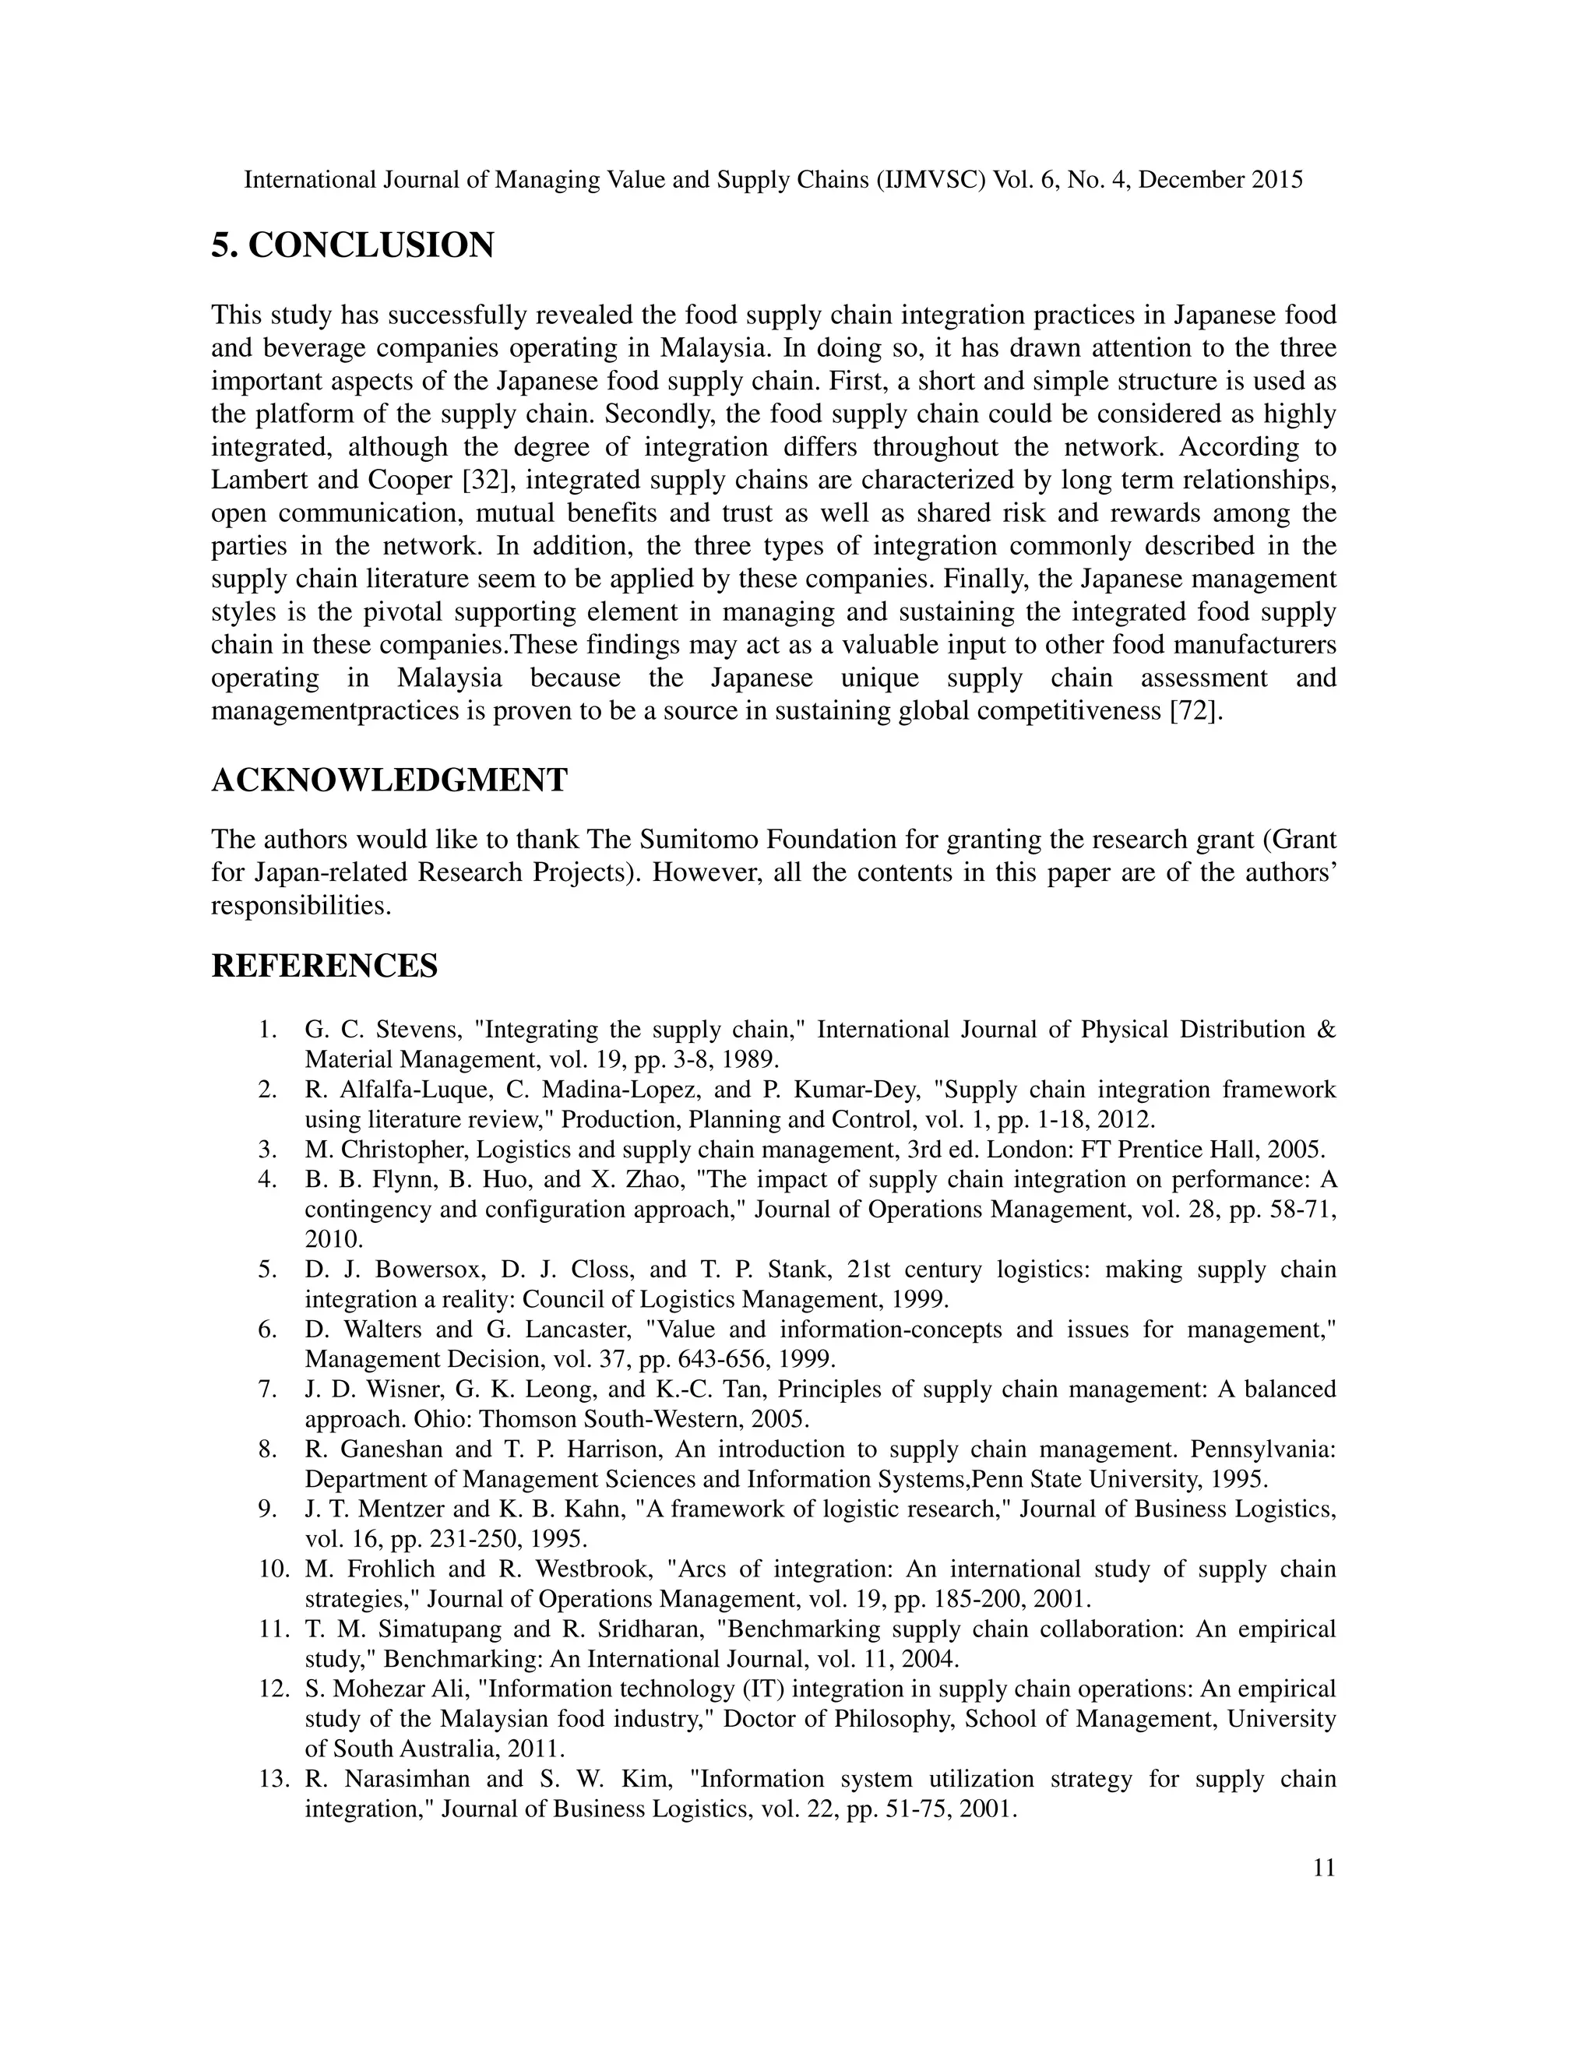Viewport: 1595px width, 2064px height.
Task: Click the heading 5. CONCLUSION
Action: tap(353, 245)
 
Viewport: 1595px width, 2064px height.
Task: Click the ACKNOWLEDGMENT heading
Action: tap(389, 780)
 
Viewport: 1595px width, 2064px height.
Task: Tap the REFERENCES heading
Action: tap(324, 966)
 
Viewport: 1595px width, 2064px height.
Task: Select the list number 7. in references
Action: tap(267, 1390)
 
